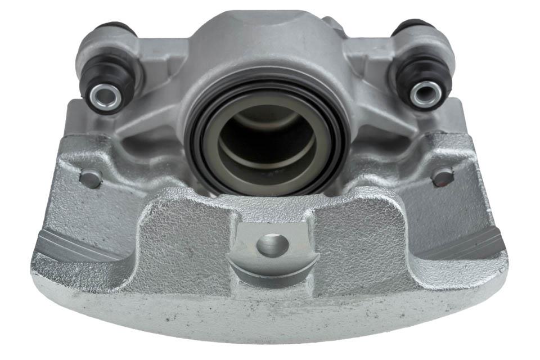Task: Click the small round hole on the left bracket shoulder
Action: point(90,179)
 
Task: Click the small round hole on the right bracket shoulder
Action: point(443,177)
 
